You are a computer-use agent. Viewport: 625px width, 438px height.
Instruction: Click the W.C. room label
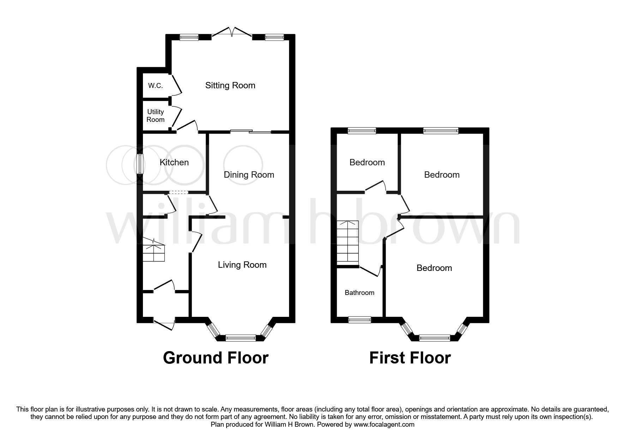[x=155, y=86]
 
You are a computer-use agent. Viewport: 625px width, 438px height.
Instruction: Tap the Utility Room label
[x=156, y=116]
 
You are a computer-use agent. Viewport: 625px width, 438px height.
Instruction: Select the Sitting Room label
[x=230, y=85]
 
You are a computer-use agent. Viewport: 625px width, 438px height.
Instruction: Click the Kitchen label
[x=174, y=162]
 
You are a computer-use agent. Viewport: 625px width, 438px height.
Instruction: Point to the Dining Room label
[x=249, y=175]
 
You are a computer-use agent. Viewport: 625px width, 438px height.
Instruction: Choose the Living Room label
[x=242, y=265]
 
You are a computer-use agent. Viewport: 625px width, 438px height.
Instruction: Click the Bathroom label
[x=359, y=292]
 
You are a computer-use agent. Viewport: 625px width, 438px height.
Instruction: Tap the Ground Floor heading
[x=216, y=358]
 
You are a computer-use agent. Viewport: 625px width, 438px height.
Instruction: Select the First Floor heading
[x=410, y=358]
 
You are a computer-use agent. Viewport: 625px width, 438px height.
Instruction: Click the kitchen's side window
[x=140, y=164]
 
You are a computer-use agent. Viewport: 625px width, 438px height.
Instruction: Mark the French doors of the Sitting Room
[x=232, y=32]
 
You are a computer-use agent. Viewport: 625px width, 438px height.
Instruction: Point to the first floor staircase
[x=348, y=241]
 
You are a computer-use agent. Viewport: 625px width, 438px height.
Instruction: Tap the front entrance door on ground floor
[x=164, y=323]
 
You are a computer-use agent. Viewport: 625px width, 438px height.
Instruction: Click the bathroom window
[x=360, y=320]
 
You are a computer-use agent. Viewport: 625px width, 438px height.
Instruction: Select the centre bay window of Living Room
[x=241, y=338]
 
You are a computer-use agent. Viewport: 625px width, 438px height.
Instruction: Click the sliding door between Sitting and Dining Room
[x=251, y=132]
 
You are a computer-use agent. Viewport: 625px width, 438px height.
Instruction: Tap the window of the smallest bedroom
[x=362, y=131]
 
